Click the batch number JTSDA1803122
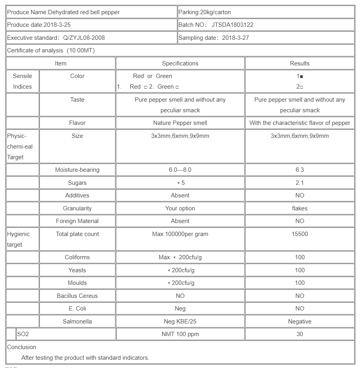[x=232, y=25]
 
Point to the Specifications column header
[x=180, y=63]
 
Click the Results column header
[x=299, y=63]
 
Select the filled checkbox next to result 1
[x=301, y=76]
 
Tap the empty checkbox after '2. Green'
[x=177, y=87]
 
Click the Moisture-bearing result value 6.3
[x=299, y=170]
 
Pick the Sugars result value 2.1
[x=299, y=183]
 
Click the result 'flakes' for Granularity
[x=299, y=208]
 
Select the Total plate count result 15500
[x=299, y=234]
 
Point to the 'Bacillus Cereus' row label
[x=77, y=296]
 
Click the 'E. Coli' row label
[x=77, y=309]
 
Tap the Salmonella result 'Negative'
[x=299, y=322]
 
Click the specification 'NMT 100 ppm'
[x=180, y=334]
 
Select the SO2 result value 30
[x=299, y=334]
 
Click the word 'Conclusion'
[x=22, y=347]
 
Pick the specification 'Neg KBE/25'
[x=180, y=322]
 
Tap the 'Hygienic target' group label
[x=18, y=239]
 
